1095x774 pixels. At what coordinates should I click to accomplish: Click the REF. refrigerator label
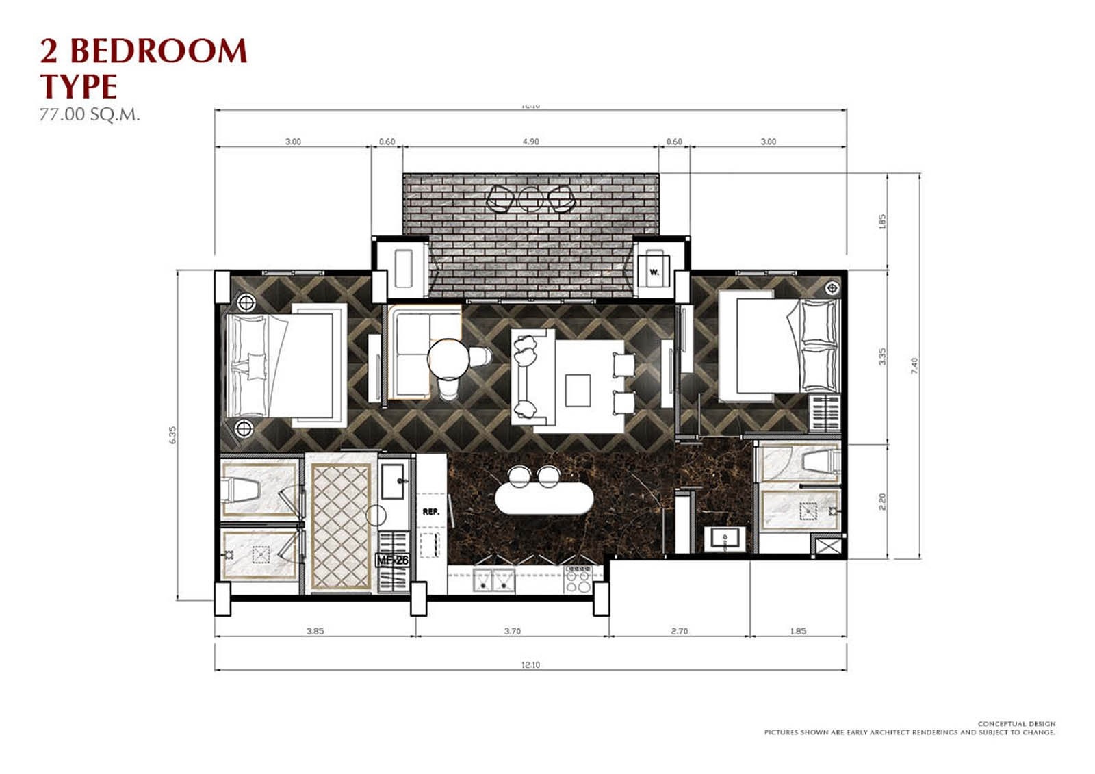click(430, 511)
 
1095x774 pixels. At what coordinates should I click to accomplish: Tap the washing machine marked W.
click(654, 270)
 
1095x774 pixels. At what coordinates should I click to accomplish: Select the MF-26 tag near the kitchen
click(393, 560)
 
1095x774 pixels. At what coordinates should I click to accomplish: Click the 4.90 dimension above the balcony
click(530, 142)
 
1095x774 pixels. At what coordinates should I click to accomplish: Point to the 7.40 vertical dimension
click(914, 365)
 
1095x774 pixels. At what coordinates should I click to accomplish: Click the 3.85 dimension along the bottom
click(315, 631)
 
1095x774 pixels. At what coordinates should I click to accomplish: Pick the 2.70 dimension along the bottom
click(679, 631)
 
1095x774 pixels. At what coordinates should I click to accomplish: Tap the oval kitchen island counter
click(544, 499)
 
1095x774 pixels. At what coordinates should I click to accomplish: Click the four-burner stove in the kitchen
click(579, 579)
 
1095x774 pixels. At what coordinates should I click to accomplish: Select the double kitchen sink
click(493, 580)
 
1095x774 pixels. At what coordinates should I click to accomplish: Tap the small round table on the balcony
click(530, 198)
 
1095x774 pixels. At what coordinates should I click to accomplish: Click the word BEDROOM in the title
click(158, 51)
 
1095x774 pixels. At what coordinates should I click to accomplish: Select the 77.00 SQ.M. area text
click(90, 114)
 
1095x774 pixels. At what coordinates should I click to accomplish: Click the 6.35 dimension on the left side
click(172, 435)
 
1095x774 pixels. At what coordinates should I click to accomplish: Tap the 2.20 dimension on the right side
click(882, 502)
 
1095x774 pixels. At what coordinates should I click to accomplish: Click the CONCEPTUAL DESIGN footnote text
click(1016, 723)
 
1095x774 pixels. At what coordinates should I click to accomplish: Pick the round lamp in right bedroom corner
click(832, 287)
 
